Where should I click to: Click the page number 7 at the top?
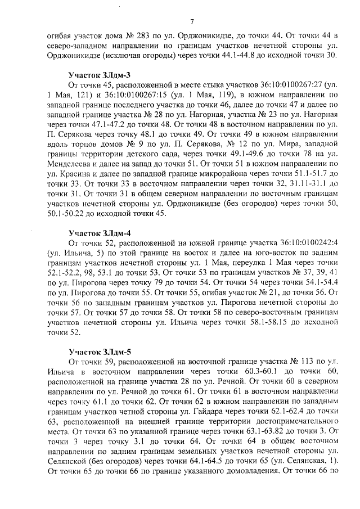(192, 22)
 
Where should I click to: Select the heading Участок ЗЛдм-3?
(93, 74)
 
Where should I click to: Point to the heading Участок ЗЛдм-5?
(93, 351)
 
